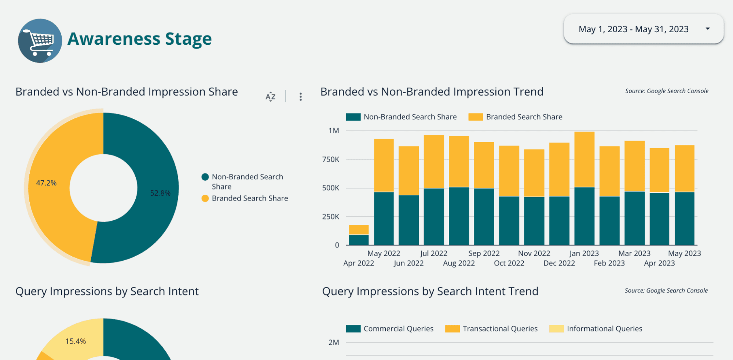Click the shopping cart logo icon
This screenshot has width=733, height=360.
[x=40, y=41]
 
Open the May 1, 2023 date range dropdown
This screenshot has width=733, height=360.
[x=644, y=29]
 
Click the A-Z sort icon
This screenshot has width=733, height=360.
[x=270, y=96]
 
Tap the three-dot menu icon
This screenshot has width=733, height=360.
[x=300, y=96]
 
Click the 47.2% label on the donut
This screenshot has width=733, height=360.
[x=46, y=183]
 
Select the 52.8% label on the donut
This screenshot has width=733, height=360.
[x=160, y=193]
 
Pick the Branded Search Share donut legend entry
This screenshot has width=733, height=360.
[x=249, y=198]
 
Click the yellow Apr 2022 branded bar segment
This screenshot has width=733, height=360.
[x=359, y=230]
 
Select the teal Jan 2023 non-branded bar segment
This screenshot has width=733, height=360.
[x=584, y=216]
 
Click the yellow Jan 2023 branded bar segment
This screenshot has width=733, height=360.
[x=584, y=159]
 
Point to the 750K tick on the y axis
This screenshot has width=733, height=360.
[x=331, y=159]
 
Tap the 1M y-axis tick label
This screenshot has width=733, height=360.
[x=334, y=131]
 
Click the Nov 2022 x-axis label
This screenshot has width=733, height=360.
[x=534, y=253]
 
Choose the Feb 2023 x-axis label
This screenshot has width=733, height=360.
[x=609, y=263]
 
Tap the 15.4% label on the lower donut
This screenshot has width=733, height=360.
[x=76, y=341]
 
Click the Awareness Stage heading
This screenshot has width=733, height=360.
[x=139, y=39]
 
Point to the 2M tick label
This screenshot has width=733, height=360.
[x=334, y=342]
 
